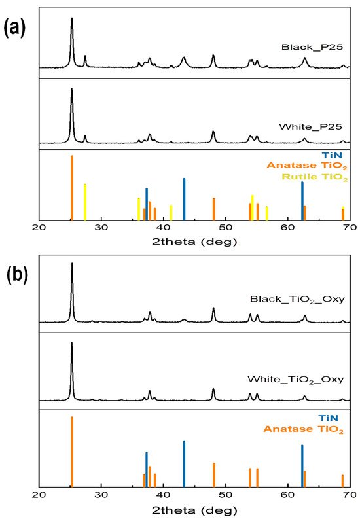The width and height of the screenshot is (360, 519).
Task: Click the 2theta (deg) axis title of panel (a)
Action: (194, 241)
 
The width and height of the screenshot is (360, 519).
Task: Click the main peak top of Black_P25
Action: (72, 19)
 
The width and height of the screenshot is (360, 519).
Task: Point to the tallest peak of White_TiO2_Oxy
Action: (72, 343)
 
